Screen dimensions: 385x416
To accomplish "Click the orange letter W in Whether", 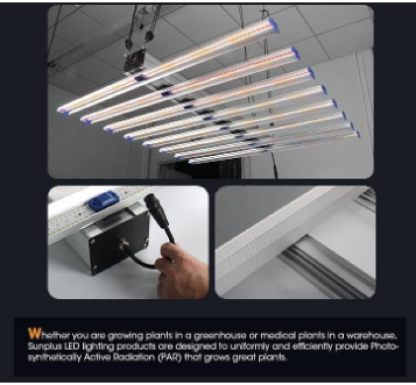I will coord(34,334).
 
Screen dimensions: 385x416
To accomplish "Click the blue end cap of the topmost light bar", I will coord(273,24).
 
